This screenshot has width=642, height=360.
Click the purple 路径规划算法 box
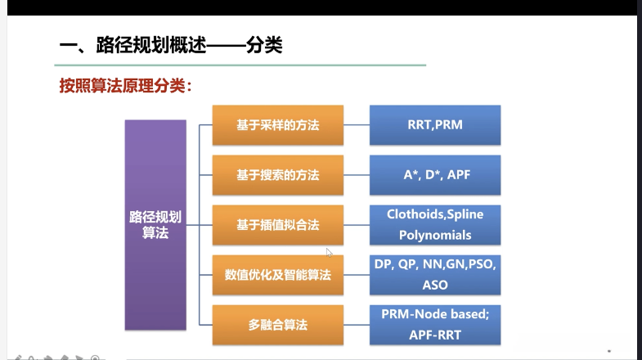(155, 225)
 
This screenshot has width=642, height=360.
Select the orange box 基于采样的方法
(278, 125)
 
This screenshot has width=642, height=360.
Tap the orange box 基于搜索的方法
(278, 175)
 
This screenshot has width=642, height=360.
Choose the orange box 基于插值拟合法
(278, 225)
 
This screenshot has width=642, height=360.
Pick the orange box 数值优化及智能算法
(278, 275)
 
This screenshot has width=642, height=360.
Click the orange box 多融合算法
(278, 325)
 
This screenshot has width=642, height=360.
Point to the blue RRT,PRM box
(435, 125)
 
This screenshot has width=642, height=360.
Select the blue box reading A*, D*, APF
(435, 175)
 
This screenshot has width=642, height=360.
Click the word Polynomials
(435, 235)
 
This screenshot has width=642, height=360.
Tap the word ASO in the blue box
(435, 285)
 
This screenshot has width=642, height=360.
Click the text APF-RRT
(435, 335)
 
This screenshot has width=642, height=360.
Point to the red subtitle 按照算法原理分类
(125, 86)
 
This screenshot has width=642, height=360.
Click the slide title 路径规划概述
(151, 45)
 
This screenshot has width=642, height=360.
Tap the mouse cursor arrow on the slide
(330, 252)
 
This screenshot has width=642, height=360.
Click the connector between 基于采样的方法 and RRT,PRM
(357, 125)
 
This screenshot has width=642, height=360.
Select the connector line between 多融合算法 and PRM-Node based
(357, 325)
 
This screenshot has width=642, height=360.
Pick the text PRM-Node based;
(435, 314)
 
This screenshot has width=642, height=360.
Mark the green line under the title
(240, 65)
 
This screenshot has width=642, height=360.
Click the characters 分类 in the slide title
(264, 45)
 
